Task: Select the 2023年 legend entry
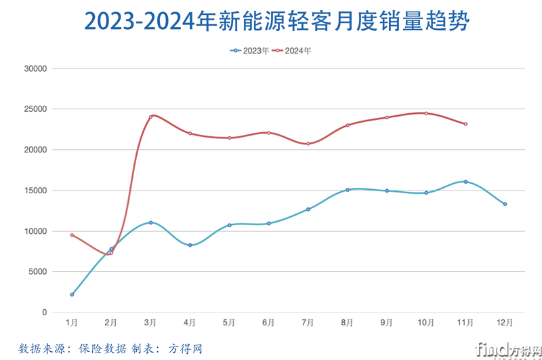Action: tap(251, 50)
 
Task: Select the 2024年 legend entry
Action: tap(292, 50)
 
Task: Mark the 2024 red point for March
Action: tap(150, 117)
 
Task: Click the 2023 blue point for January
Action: tap(72, 295)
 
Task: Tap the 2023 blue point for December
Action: tap(505, 204)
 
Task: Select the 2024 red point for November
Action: tap(465, 124)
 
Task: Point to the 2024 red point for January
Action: tap(72, 235)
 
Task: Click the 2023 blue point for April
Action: tap(190, 245)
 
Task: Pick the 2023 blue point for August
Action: tap(348, 190)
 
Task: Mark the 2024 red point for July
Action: tap(308, 144)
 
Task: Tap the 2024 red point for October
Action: tap(426, 113)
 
